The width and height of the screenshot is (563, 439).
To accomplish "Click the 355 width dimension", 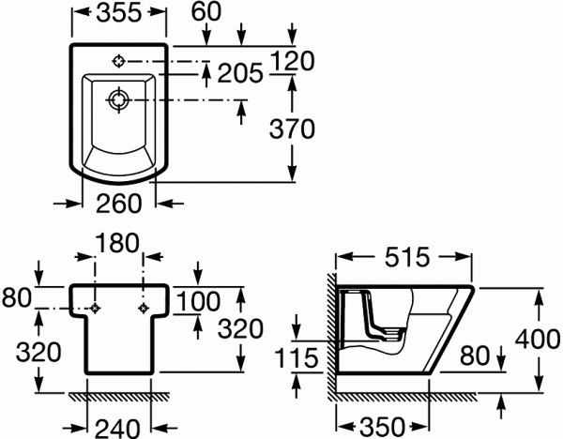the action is pos(119,13).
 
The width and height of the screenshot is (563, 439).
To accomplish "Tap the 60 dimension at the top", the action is pos(206,11).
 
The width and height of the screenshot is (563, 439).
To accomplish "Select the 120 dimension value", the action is pos(293,60).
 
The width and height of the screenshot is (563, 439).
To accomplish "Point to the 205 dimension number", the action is pos(240,73).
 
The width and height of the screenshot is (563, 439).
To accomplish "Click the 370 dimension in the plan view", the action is pos(292,129).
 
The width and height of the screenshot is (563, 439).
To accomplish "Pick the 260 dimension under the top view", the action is pos(119,204).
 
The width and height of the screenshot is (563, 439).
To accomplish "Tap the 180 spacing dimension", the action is pos(117,243).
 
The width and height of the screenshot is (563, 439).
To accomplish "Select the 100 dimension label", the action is pos(198,301).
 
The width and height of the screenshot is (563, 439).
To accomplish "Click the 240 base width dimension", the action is pos(117,429).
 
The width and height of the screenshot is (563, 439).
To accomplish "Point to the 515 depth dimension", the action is pos(407,257).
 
